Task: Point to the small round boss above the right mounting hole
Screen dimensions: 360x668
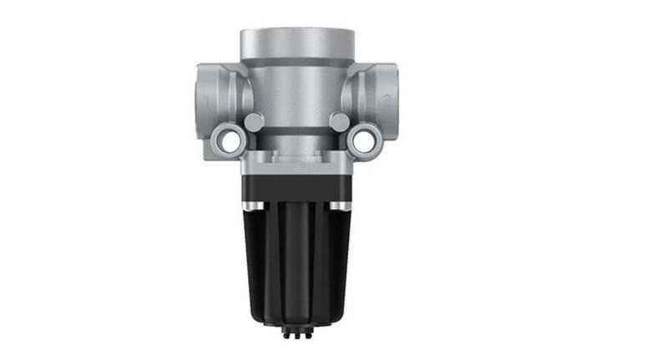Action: [340, 121]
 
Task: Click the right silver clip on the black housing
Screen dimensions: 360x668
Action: [338, 204]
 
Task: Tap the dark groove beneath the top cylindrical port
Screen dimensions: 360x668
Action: [295, 61]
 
